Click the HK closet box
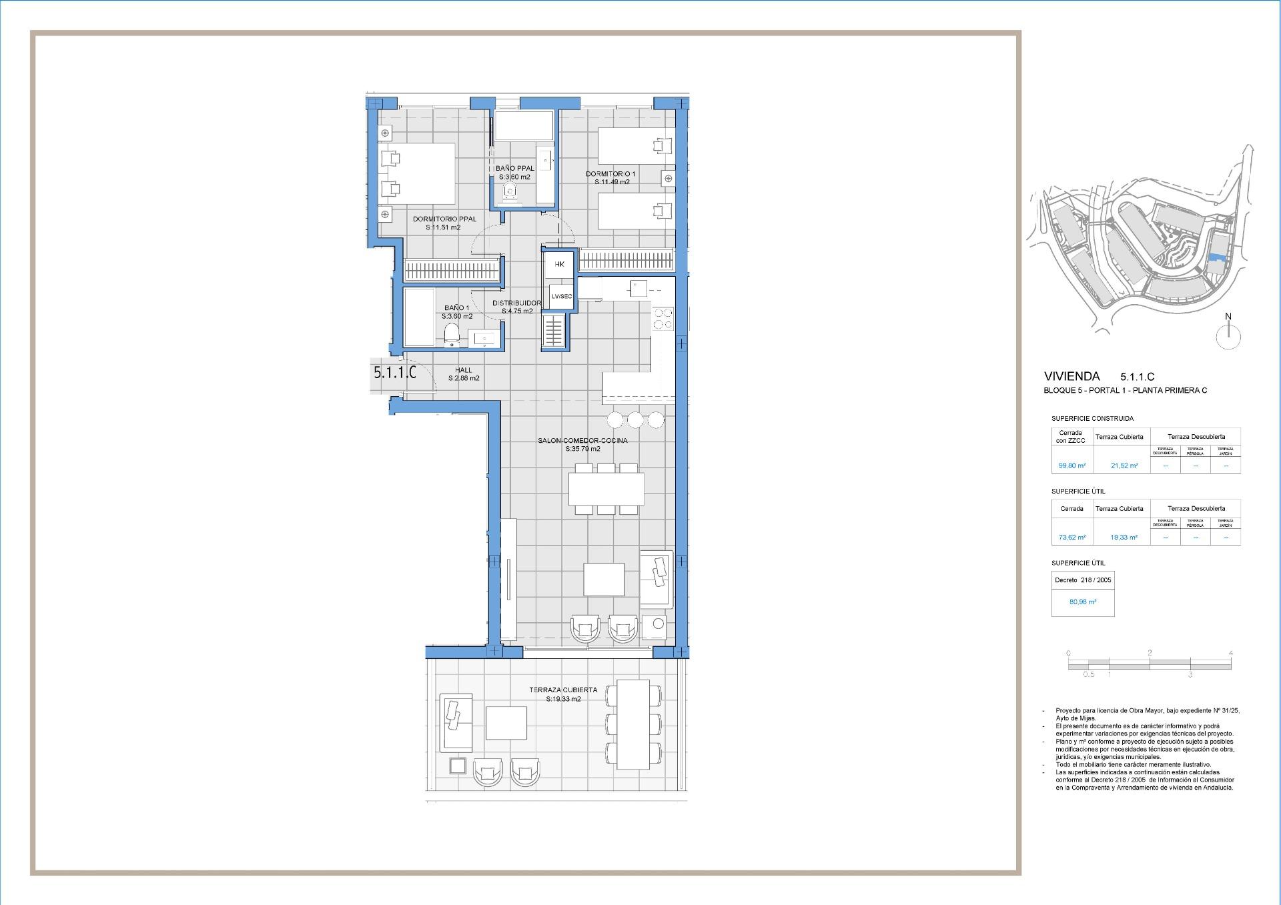point(559,265)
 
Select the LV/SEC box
point(561,296)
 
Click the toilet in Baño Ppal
point(511,192)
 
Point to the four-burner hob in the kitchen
point(663,318)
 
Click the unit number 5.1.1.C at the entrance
point(394,373)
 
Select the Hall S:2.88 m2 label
point(463,374)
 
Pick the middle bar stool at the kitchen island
point(635,419)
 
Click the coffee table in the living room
point(604,579)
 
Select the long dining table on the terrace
point(632,724)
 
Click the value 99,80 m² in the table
point(1072,466)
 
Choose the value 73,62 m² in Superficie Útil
point(1072,537)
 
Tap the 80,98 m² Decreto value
point(1082,602)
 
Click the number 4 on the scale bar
point(1230,653)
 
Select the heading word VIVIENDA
point(1072,376)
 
